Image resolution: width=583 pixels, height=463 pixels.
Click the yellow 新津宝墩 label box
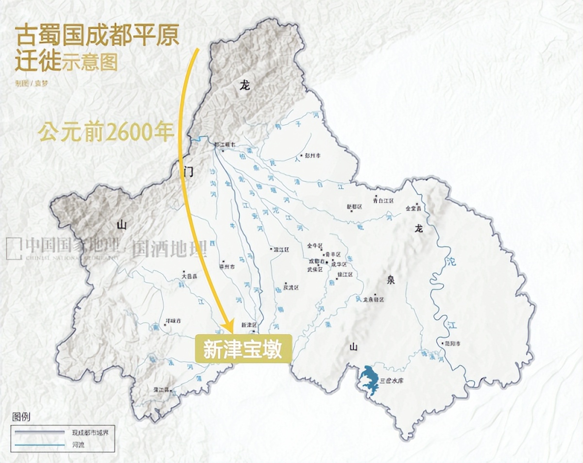243,348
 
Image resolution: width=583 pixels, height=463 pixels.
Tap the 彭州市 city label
313,156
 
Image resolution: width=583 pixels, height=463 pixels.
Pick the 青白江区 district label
383,200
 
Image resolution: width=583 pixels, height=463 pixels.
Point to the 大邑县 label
189,276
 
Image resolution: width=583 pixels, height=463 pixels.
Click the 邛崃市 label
173,321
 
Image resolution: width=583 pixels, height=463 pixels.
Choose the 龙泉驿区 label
374,299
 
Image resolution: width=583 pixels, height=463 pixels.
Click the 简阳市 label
452,343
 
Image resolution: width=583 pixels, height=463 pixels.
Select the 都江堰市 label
225,145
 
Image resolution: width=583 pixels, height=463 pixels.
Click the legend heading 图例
21,417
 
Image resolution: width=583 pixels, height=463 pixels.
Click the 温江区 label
280,249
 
